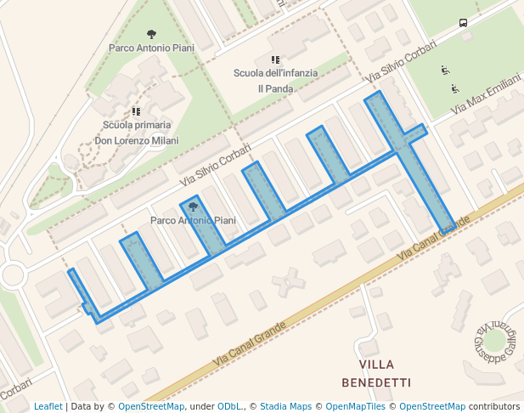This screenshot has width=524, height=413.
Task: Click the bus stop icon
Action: tap(463, 23)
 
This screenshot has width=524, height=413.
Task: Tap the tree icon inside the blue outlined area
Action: tap(193, 206)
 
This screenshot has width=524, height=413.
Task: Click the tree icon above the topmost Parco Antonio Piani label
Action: tap(151, 35)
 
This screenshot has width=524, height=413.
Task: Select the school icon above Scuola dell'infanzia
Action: tap(275, 59)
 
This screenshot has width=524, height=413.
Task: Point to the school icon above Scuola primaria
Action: tap(136, 111)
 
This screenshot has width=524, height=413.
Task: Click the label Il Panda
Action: tap(276, 88)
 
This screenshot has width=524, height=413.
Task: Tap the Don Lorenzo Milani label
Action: tap(136, 140)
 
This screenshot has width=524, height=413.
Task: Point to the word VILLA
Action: tap(376, 365)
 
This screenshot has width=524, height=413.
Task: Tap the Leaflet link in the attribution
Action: tap(48, 406)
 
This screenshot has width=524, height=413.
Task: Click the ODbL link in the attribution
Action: tap(229, 406)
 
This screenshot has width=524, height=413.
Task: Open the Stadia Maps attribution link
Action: tap(285, 406)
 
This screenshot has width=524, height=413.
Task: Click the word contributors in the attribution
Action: tap(494, 406)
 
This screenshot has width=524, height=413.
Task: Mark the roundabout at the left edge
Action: tap(12, 274)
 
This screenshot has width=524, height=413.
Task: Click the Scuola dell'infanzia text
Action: tap(276, 73)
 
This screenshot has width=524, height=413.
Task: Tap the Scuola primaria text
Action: tap(136, 126)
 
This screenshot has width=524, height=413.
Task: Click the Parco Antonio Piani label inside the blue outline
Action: tap(193, 220)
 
